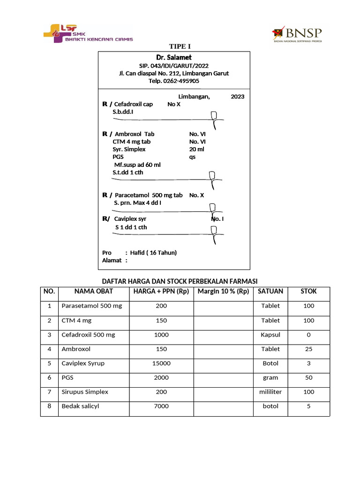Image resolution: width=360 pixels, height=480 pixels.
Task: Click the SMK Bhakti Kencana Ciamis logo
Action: pyautogui.click(x=88, y=33)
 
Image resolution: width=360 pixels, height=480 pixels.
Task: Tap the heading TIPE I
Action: pyautogui.click(x=180, y=46)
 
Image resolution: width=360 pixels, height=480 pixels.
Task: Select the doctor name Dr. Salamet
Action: pyautogui.click(x=174, y=57)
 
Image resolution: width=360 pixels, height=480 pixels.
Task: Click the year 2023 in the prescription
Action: pyautogui.click(x=237, y=97)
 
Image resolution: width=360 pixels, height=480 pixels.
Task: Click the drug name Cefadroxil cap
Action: pyautogui.click(x=134, y=104)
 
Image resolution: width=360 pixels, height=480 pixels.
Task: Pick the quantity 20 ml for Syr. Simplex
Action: pyautogui.click(x=196, y=149)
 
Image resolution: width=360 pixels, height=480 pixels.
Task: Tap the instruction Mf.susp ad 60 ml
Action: pyautogui.click(x=137, y=165)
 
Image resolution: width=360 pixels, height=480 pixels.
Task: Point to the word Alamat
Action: pyautogui.click(x=112, y=260)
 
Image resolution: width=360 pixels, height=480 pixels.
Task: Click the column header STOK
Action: pyautogui.click(x=308, y=291)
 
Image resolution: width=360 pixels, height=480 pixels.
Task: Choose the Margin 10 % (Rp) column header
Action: pyautogui.click(x=223, y=291)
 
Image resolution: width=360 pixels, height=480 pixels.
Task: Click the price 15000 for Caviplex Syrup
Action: pyautogui.click(x=161, y=363)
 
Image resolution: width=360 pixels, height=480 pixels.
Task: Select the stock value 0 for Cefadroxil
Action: pyautogui.click(x=308, y=335)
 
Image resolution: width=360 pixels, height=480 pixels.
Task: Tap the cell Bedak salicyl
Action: pyautogui.click(x=80, y=406)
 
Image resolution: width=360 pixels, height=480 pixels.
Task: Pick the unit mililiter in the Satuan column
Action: pyautogui.click(x=270, y=391)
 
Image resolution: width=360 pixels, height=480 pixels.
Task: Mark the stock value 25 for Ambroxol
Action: pyautogui.click(x=308, y=349)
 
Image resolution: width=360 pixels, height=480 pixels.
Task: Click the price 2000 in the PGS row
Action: pyautogui.click(x=161, y=377)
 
